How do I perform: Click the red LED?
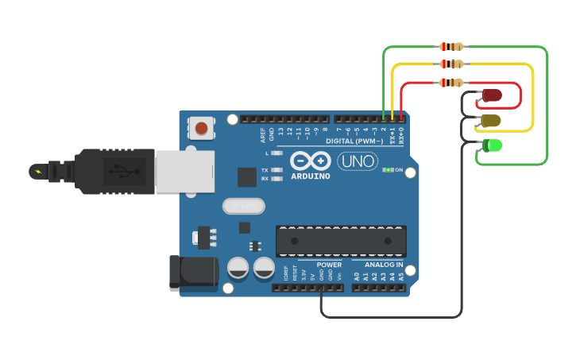click(492, 96)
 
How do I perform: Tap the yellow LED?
click(491, 121)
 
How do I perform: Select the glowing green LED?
click(492, 145)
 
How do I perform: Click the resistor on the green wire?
click(451, 47)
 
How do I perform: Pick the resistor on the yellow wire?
click(451, 64)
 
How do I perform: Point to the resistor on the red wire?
click(451, 83)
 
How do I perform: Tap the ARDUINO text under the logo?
click(311, 176)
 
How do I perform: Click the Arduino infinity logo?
click(310, 160)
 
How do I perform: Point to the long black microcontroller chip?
click(341, 241)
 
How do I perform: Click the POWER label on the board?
click(329, 265)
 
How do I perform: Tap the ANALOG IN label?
click(384, 265)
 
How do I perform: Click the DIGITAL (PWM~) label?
click(354, 141)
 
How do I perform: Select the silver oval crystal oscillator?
click(244, 207)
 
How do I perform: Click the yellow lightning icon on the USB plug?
click(37, 171)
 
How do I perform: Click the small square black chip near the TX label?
click(247, 177)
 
